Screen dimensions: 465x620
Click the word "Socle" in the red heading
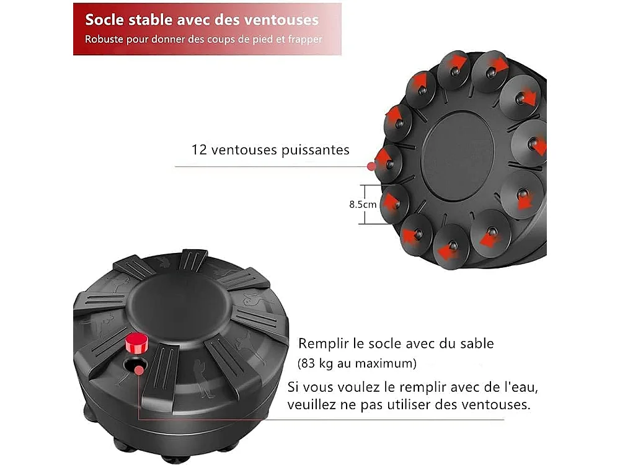point(104,19)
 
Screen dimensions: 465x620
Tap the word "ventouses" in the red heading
point(283,19)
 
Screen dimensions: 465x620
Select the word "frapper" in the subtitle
point(305,39)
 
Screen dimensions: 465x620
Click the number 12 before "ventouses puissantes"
point(199,150)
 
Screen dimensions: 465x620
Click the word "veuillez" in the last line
point(312,405)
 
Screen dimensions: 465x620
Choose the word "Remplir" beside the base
point(322,343)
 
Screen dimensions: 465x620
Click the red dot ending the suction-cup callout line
point(371,166)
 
